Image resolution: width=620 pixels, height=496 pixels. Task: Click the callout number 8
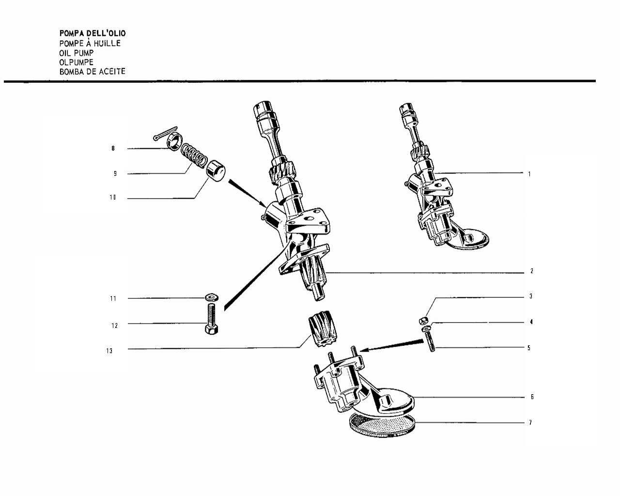coord(113,148)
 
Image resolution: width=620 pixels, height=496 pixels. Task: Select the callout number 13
coord(109,351)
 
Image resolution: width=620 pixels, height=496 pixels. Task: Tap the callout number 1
coord(529,174)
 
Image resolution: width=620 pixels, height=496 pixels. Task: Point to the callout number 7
coord(530,422)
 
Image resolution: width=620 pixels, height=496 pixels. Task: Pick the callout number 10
coord(113,198)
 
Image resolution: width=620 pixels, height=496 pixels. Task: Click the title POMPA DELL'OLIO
coord(93,33)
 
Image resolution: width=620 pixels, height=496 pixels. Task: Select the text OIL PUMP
coord(77,53)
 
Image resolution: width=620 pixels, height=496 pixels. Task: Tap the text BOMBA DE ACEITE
coord(92,72)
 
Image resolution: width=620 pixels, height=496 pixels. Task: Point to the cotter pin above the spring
coord(165,134)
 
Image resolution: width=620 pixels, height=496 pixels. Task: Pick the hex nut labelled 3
coord(423,320)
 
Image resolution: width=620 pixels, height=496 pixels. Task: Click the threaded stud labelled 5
coord(430,341)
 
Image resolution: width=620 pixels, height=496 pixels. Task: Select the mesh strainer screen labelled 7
coord(382,425)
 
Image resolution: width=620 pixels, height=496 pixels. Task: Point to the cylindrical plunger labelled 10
coord(216,171)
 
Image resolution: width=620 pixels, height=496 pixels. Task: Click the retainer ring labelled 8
coord(174,142)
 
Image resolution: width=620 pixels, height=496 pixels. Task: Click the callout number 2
coord(532,271)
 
